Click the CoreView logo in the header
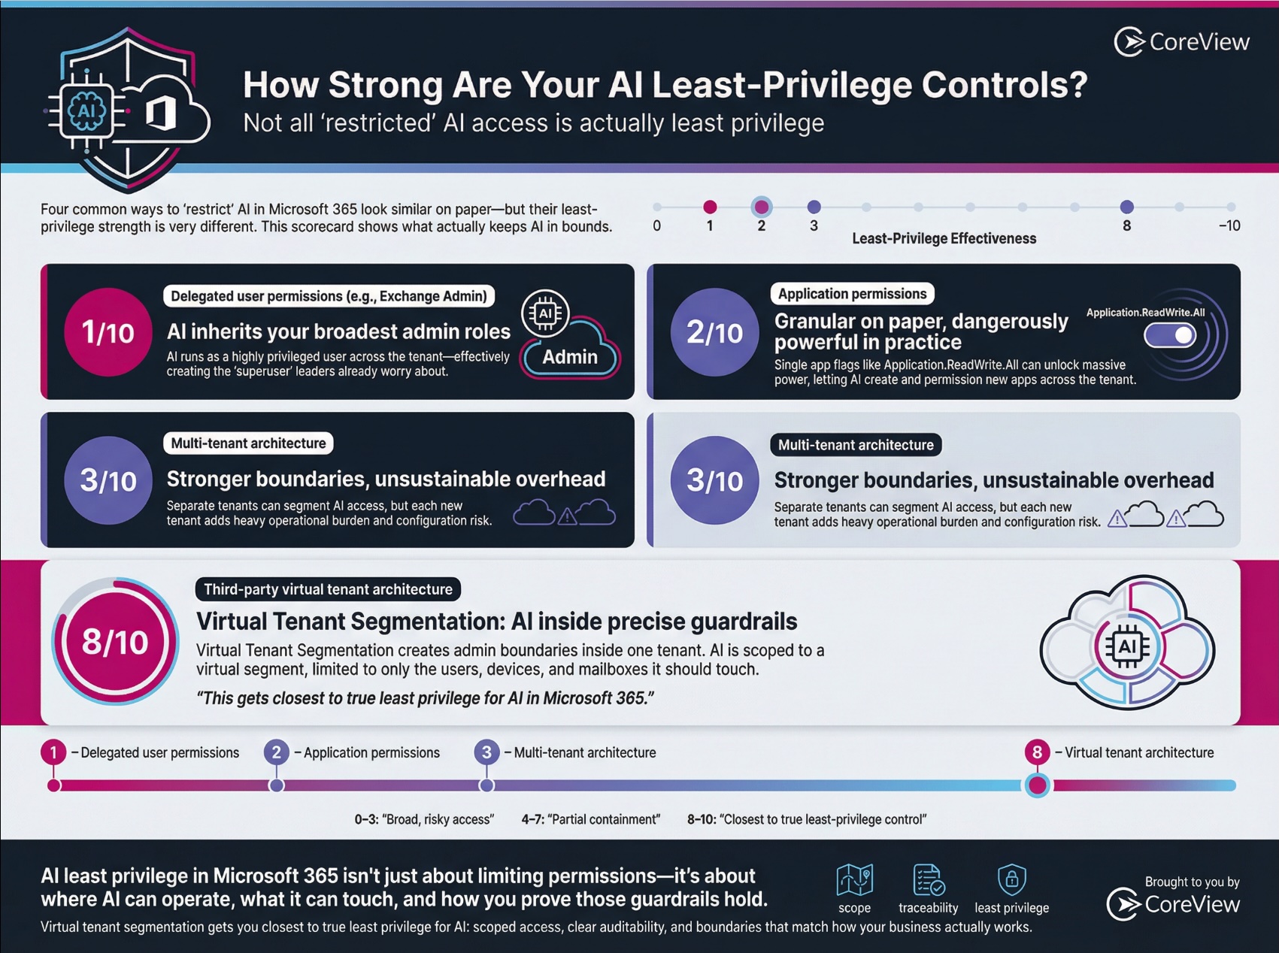[1181, 42]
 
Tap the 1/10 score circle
[108, 331]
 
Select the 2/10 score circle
[714, 331]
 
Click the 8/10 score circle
[115, 642]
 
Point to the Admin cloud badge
[570, 356]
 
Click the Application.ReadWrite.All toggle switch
[1170, 335]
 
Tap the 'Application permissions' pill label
[852, 294]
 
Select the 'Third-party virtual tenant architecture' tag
[328, 589]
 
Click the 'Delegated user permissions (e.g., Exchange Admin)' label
[329, 296]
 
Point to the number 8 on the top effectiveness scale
[1126, 225]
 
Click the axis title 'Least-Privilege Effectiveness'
[944, 238]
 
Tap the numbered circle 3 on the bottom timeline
[486, 752]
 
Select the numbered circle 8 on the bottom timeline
[1037, 752]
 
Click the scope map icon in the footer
[854, 879]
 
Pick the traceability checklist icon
[928, 879]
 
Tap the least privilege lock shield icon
[1011, 879]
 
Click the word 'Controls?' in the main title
[1005, 85]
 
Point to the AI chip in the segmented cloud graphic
[1126, 646]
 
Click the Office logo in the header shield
[160, 113]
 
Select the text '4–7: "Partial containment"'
[590, 819]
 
